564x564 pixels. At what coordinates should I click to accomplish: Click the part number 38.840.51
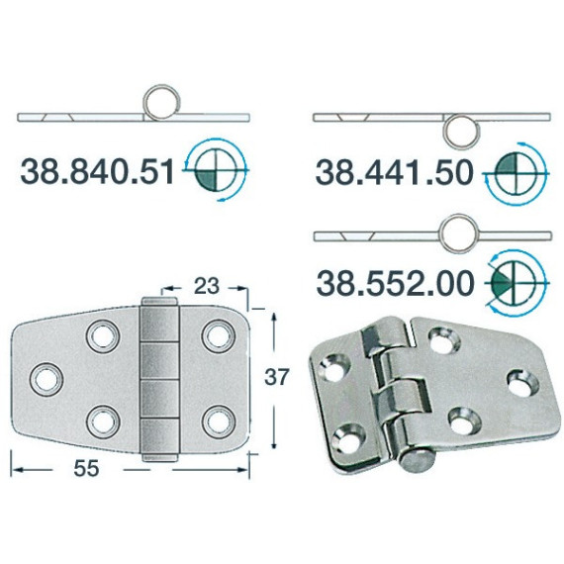[97, 172]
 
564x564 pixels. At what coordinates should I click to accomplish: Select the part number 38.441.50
[394, 172]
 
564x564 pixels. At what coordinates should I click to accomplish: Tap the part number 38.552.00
[394, 283]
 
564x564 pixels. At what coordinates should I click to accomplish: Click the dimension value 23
[206, 286]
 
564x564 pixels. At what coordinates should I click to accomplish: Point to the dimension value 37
[277, 377]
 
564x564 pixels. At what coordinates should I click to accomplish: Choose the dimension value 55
[86, 468]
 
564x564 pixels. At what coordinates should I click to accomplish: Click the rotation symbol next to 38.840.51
[216, 169]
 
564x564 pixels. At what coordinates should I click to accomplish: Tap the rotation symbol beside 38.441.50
[516, 174]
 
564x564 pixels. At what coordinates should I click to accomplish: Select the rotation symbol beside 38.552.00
[516, 283]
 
